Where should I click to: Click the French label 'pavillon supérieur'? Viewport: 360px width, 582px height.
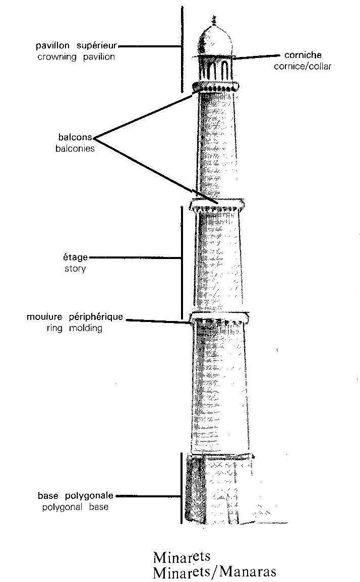[76, 46]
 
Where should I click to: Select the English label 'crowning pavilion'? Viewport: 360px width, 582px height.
[76, 57]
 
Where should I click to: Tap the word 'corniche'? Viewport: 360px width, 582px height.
[303, 55]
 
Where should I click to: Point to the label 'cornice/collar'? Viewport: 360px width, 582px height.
[303, 67]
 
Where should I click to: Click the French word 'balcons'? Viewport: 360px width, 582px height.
[75, 137]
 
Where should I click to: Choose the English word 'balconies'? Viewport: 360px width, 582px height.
[75, 149]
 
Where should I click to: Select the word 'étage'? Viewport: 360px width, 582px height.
[76, 257]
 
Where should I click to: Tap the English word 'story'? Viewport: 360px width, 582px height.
[76, 269]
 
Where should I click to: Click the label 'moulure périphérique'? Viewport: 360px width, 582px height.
[75, 317]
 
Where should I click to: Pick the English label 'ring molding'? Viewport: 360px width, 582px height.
[74, 328]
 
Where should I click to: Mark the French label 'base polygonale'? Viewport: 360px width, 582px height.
[76, 496]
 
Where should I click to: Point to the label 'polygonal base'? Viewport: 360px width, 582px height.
[76, 507]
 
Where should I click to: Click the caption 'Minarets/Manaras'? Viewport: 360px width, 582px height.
[214, 572]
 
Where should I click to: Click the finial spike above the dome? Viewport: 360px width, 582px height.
[214, 21]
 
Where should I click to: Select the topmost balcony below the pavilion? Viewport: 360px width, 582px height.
[215, 87]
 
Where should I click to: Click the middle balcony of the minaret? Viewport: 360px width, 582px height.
[217, 205]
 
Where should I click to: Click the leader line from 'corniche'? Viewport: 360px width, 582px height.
[256, 57]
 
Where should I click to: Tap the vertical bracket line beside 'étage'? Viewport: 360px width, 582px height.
[182, 263]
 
